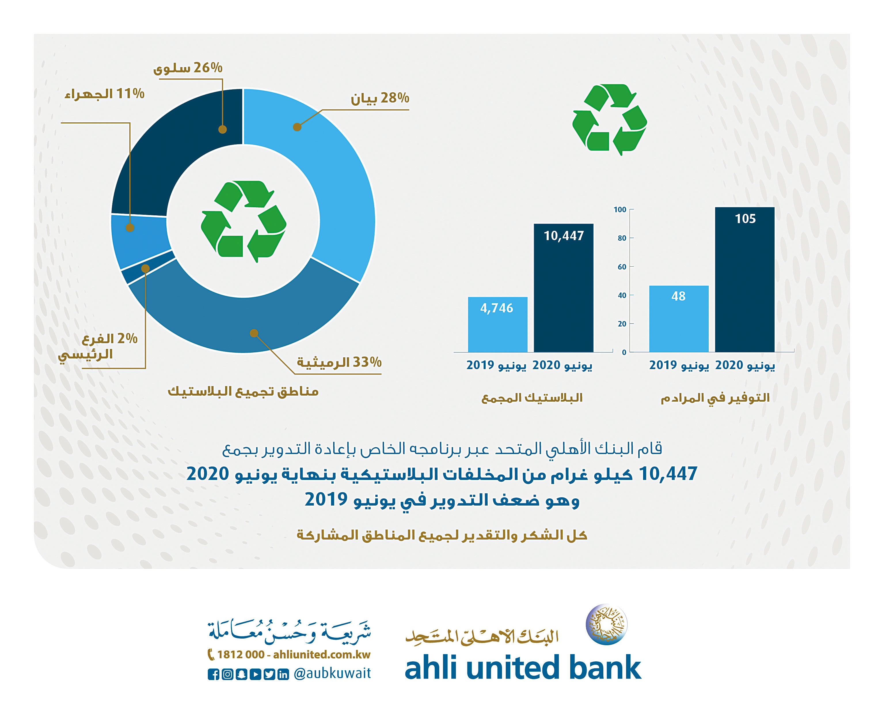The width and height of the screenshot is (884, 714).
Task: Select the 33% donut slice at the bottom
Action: (x=247, y=325)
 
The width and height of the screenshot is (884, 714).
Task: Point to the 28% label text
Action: (x=380, y=98)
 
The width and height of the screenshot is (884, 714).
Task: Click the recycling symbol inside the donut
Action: (x=244, y=221)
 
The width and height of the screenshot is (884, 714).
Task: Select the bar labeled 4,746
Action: (x=497, y=324)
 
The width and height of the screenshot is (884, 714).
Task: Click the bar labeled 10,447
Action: (x=563, y=288)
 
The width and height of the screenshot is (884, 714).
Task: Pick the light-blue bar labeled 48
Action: (x=679, y=319)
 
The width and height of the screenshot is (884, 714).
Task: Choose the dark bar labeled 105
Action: (x=745, y=279)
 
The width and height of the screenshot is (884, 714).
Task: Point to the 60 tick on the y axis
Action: (x=622, y=267)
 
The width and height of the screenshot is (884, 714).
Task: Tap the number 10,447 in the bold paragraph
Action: (x=668, y=474)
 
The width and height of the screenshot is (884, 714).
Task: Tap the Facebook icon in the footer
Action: (x=213, y=674)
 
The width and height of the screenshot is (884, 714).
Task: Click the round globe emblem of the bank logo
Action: (x=607, y=624)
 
